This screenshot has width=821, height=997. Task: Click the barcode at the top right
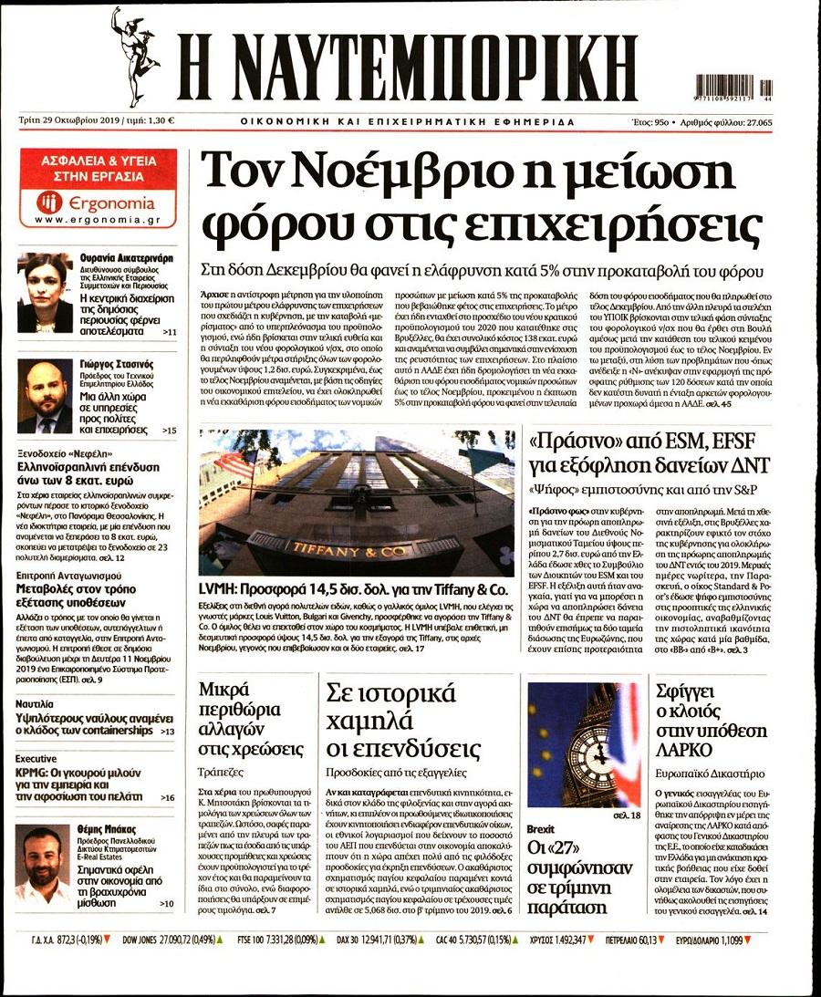[x=733, y=86]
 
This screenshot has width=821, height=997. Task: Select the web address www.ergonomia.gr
[x=98, y=221]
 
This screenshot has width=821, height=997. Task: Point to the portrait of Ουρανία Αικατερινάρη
[x=45, y=293]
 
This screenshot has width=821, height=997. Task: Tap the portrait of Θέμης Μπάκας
[x=44, y=865]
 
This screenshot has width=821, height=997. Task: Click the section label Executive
[x=36, y=758]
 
